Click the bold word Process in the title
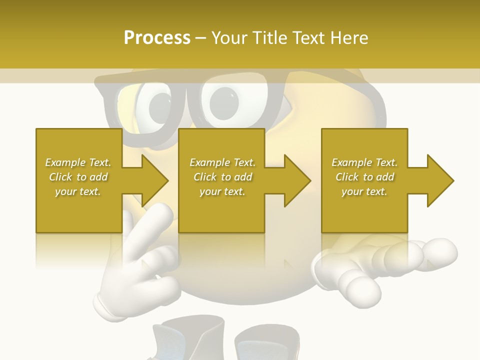click(157, 38)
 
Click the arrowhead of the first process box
click(155, 180)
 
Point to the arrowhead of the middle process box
click(297, 180)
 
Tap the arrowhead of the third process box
click(440, 180)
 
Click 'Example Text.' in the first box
click(78, 162)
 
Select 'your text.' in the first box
click(78, 191)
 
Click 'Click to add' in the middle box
click(222, 177)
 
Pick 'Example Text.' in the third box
click(364, 162)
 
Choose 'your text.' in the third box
click(364, 191)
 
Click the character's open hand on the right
click(385, 265)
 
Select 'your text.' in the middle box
click(222, 191)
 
